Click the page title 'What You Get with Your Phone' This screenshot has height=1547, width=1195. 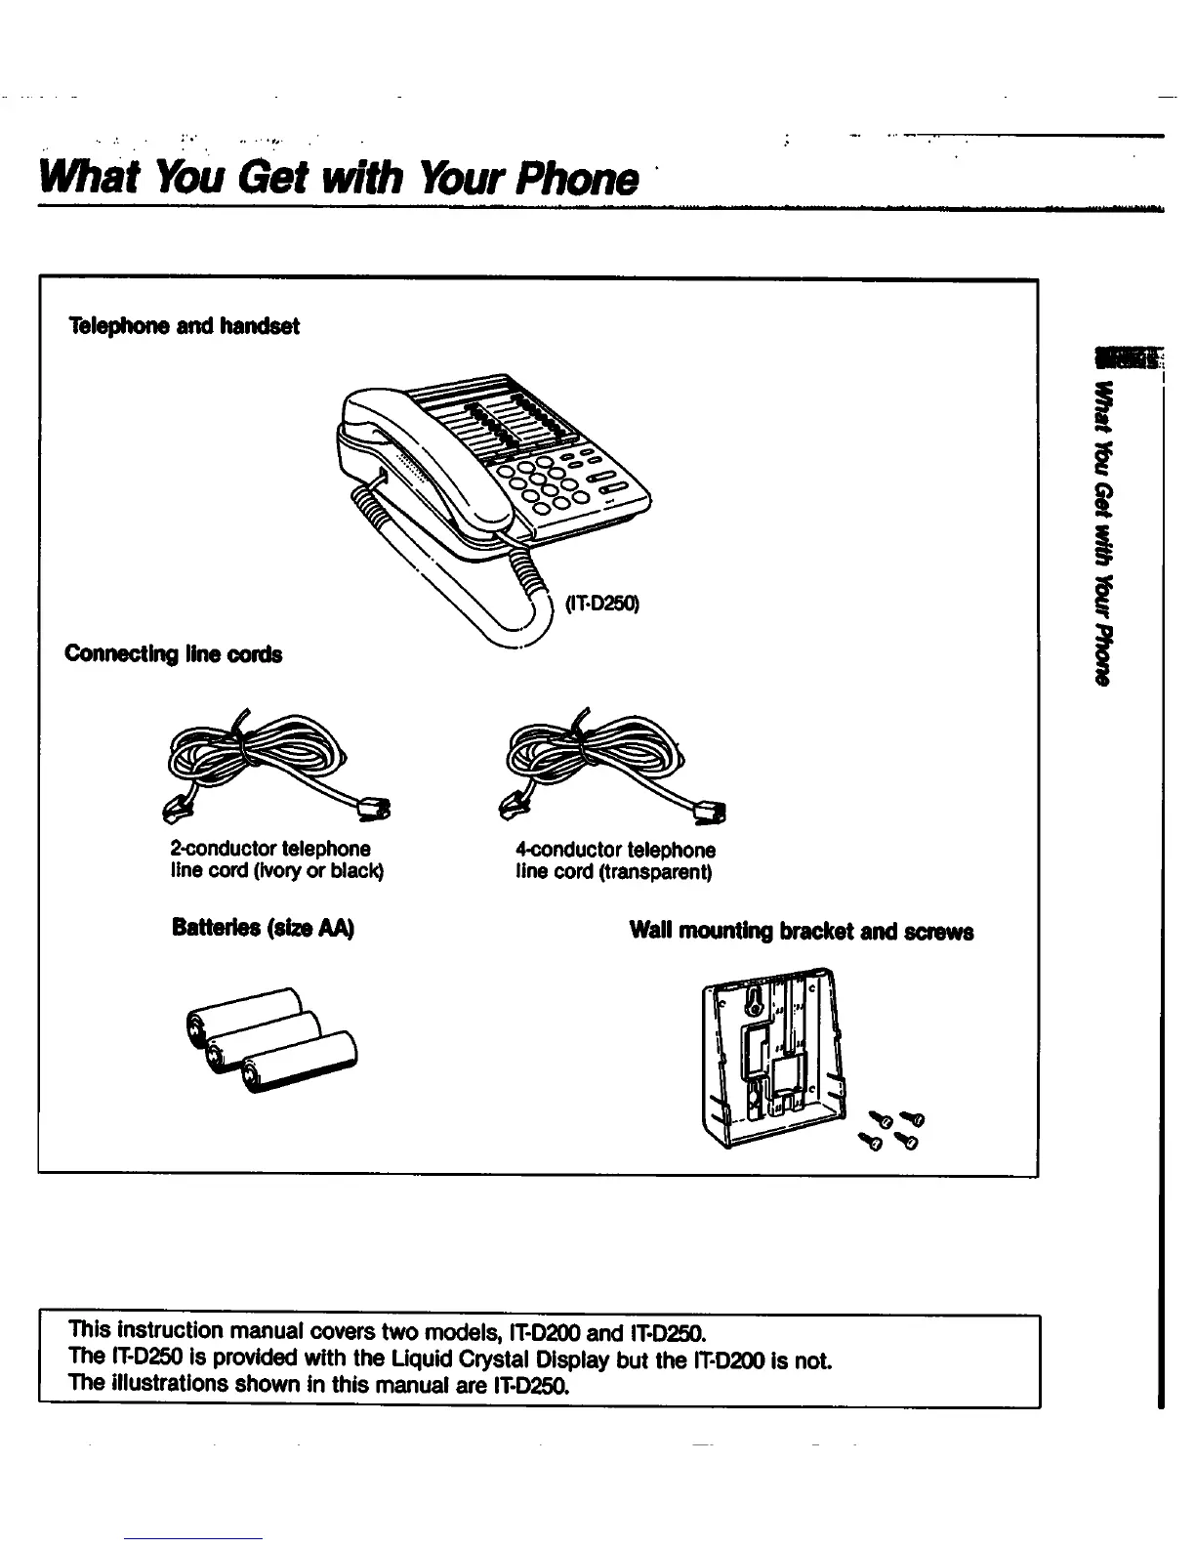pyautogui.click(x=337, y=177)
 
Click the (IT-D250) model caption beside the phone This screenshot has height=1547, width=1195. pyautogui.click(x=601, y=605)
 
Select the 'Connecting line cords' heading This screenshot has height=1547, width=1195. pyautogui.click(x=173, y=653)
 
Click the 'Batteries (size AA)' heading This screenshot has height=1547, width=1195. pyautogui.click(x=263, y=928)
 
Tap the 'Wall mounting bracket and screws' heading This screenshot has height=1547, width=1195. pyautogui.click(x=802, y=931)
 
